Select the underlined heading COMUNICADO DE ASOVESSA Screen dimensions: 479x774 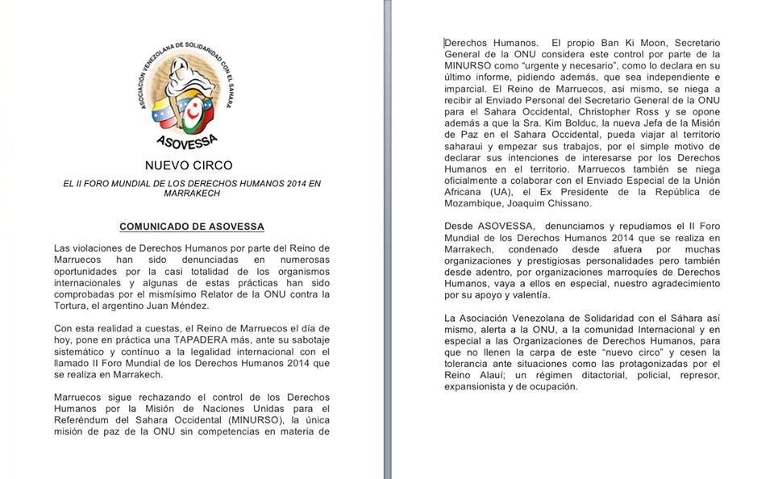[191, 227]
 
